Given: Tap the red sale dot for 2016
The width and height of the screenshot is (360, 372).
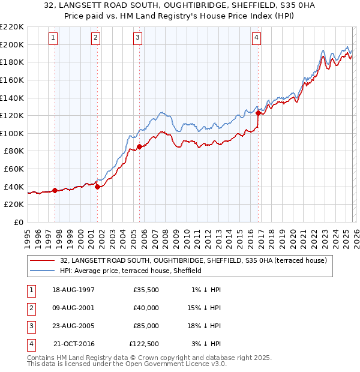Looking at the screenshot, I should [x=258, y=113].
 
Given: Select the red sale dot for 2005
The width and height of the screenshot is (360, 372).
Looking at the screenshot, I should [x=139, y=146].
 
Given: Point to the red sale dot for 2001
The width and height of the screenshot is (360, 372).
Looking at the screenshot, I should [x=97, y=187].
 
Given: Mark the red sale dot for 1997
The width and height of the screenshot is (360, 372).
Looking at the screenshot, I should [x=55, y=191].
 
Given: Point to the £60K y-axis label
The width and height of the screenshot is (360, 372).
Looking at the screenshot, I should [x=14, y=169].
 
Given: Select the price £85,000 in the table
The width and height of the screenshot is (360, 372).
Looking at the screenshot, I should [x=146, y=326].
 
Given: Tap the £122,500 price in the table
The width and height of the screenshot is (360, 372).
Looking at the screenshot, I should [x=144, y=344].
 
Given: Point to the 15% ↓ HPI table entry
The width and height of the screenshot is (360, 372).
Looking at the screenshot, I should [x=205, y=308].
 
